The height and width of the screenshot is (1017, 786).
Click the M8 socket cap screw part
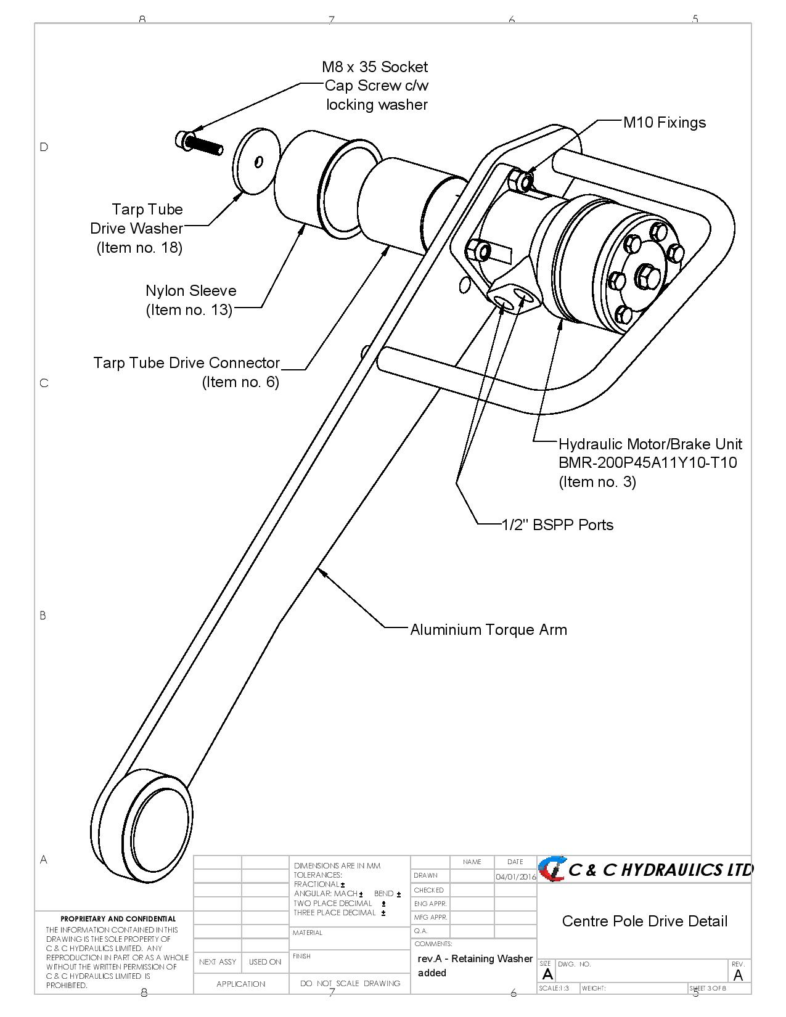point(199,144)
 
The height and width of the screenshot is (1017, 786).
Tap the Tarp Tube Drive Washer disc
point(253,161)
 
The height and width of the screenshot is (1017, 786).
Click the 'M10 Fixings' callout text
point(664,122)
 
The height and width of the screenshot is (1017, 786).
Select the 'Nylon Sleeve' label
point(190,290)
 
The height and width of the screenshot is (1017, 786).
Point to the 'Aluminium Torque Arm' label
point(488,629)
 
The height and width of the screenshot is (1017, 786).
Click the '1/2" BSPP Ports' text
point(557,525)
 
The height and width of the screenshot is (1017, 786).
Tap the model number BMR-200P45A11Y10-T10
point(647,462)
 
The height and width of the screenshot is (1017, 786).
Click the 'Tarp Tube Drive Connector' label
point(186,362)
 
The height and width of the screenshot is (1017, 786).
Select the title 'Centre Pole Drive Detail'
point(644,921)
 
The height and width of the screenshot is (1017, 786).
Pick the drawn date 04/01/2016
point(515,876)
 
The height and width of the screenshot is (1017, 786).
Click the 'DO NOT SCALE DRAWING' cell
point(350,983)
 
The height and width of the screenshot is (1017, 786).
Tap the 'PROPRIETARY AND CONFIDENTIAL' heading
point(118,918)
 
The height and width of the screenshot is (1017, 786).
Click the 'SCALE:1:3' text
point(554,988)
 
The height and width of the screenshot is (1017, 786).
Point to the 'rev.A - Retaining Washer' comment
point(475,958)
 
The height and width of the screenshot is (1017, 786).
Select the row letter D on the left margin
point(44,147)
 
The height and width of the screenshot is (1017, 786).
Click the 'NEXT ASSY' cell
point(218,962)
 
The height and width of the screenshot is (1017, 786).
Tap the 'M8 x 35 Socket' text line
point(374,67)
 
